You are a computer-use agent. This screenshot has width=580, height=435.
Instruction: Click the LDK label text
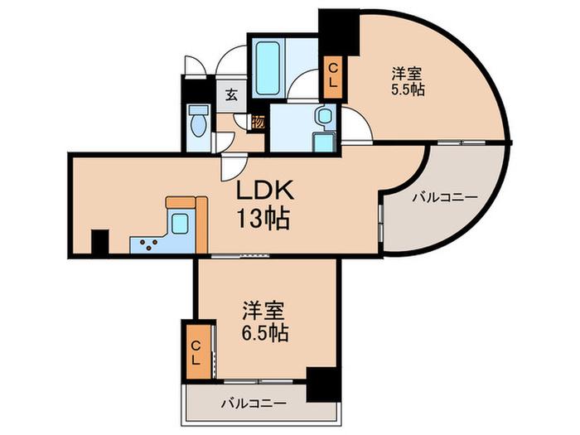265,190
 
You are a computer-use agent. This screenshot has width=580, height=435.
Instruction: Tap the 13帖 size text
263,219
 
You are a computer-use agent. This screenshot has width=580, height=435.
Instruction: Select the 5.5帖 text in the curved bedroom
408,89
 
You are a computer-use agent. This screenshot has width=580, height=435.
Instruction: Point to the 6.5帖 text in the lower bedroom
265,333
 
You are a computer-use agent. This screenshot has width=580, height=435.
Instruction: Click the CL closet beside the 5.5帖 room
333,77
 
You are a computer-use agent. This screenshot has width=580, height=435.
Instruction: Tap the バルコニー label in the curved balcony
445,197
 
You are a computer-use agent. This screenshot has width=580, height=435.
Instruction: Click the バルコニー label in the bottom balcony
254,403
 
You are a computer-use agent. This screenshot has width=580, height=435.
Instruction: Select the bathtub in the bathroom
268,68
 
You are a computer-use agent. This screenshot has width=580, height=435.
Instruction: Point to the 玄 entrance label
231,95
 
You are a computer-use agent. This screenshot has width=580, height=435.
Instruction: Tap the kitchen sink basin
181,223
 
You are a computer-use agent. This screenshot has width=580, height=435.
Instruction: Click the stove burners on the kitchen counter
148,244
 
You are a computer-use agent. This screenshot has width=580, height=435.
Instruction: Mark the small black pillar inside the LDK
100,242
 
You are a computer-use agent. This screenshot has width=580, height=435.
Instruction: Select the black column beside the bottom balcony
322,384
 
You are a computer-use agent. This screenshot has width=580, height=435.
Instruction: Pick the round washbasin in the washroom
323,115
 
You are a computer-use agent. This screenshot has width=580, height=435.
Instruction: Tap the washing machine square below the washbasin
323,142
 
